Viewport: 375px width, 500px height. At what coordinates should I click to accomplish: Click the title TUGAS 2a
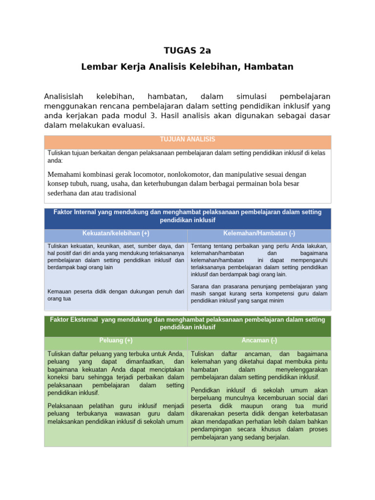coord(187,50)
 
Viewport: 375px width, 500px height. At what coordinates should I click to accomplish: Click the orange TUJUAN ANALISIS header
coord(187,140)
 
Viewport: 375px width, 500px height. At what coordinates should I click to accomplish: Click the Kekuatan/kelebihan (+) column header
coord(115,233)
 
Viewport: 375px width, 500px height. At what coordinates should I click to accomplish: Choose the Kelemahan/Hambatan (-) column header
coord(259,233)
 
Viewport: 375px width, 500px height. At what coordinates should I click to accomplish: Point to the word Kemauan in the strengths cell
coord(59,292)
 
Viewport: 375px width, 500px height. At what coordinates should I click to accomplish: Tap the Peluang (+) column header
coord(115,340)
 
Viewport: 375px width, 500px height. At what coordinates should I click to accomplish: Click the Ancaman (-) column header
coord(259,340)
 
